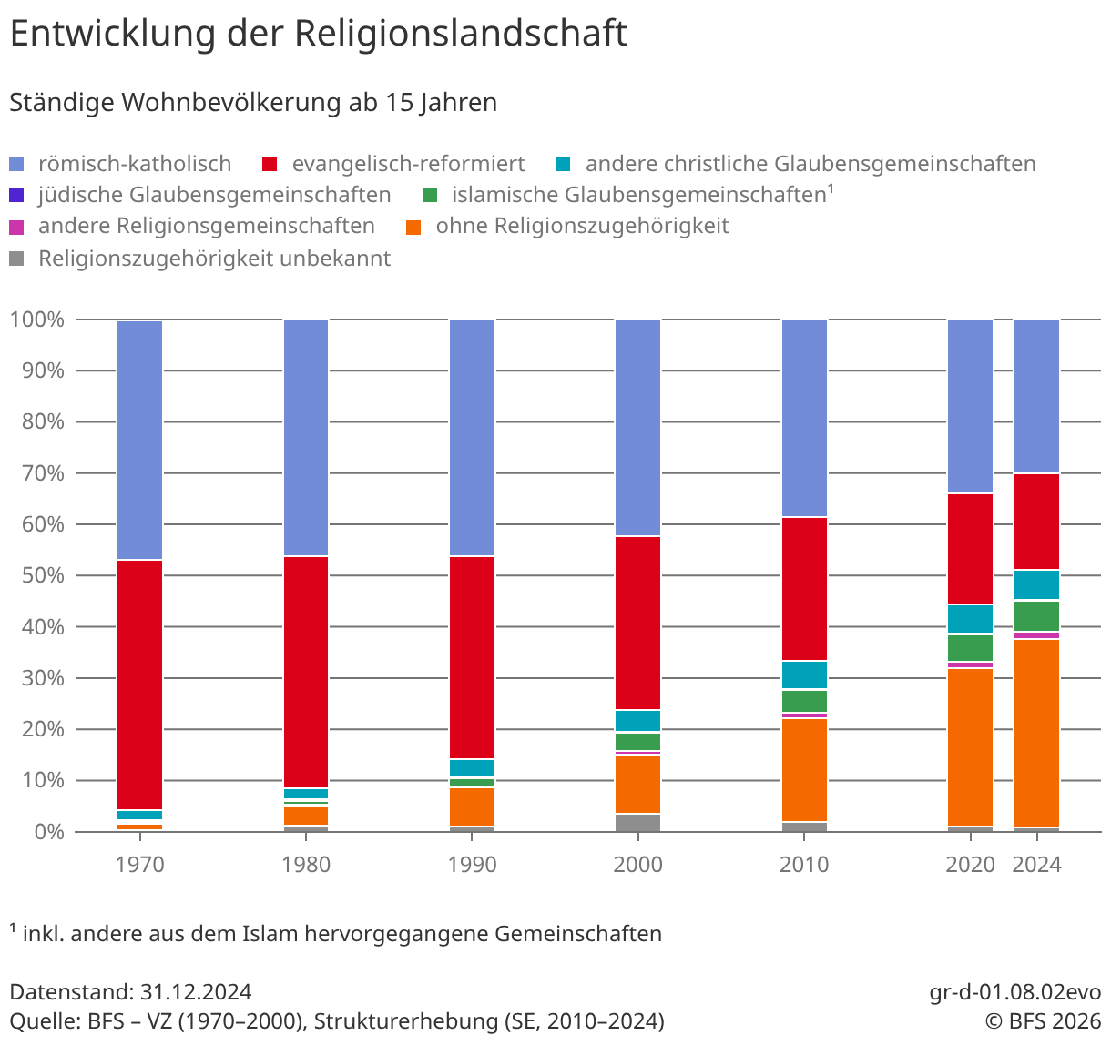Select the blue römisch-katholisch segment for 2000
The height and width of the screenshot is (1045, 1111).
638,428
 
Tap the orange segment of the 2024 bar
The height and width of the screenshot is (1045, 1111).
1037,733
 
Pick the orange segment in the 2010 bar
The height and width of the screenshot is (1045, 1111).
805,770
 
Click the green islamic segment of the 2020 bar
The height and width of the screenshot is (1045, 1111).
971,648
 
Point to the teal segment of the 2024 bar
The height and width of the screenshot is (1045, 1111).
1037,585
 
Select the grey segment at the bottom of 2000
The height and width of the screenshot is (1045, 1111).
638,823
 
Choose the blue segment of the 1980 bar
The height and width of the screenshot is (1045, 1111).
306,438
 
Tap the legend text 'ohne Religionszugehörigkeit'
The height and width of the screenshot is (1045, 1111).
582,226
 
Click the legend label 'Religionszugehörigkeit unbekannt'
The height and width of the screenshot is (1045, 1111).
214,259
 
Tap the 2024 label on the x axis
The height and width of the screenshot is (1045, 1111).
1037,865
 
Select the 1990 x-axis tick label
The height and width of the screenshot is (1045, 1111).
473,865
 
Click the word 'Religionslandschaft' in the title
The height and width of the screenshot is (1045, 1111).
460,35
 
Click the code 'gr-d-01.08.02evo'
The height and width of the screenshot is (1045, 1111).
1015,992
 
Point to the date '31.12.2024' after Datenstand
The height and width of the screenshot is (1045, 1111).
196,992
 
